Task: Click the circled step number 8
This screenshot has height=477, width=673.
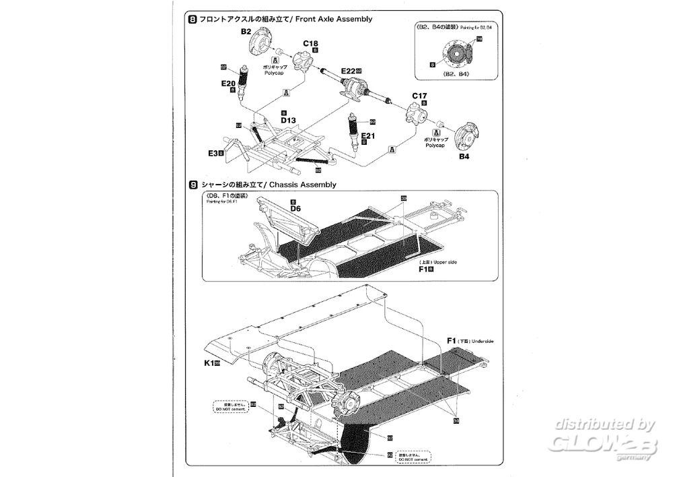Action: click(x=194, y=20)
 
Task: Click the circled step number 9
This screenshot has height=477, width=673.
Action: click(x=194, y=184)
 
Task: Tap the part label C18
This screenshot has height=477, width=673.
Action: click(x=310, y=44)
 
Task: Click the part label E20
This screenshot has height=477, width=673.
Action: click(x=228, y=84)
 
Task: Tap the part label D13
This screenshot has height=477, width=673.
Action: click(x=289, y=120)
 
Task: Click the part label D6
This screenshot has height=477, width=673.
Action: click(x=295, y=209)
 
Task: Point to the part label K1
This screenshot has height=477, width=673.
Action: click(x=209, y=363)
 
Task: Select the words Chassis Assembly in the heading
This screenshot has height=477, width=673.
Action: click(x=303, y=184)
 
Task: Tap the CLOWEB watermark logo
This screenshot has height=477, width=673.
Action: click(x=598, y=440)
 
